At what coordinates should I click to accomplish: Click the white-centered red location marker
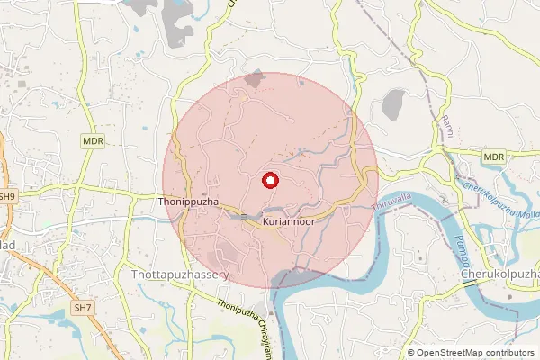pos(269,180)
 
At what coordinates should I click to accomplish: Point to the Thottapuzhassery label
pos(181,273)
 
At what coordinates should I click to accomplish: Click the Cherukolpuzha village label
pos(499,273)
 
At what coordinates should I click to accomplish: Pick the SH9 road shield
pos(7,195)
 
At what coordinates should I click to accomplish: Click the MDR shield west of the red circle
pos(92,141)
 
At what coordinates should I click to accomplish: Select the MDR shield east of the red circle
pos(493,157)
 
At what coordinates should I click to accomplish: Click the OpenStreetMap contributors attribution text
pos(475,353)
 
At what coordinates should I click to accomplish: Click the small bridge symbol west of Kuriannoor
pos(243,217)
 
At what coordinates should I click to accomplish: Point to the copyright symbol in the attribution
pos(411,353)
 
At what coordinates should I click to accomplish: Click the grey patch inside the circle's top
pos(256,79)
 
